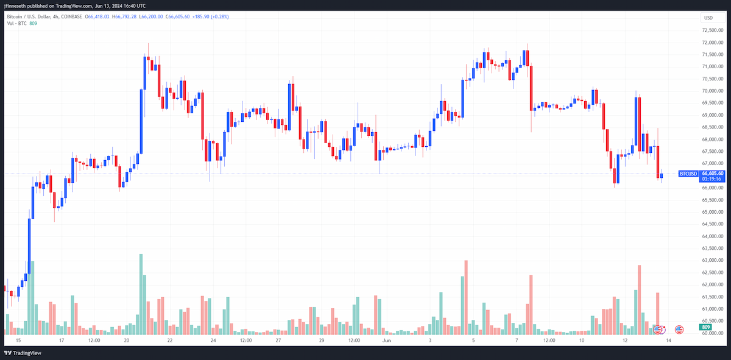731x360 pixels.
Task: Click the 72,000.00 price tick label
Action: coord(712,43)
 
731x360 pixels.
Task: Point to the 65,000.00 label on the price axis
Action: coord(712,212)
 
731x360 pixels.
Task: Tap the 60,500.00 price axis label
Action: coord(712,321)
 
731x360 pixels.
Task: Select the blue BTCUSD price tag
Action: coord(688,174)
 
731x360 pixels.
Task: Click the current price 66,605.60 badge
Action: coord(712,176)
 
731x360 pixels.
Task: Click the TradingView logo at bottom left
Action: coord(23,353)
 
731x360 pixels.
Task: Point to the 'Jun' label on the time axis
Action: coord(386,341)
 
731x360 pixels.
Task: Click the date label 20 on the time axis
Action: coord(126,341)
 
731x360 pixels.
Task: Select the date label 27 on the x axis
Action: coord(278,341)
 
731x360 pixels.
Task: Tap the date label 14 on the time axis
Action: coord(669,341)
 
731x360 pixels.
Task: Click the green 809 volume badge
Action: coord(705,327)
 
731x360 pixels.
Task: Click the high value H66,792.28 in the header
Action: coord(124,16)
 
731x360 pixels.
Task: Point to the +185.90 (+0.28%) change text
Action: coord(211,16)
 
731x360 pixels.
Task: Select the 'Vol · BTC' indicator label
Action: coord(16,24)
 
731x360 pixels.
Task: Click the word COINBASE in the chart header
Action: coord(71,16)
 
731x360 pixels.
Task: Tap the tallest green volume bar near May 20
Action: coord(141,294)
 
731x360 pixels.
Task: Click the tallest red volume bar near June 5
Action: coord(466,298)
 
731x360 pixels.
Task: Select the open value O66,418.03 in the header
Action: coord(97,16)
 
